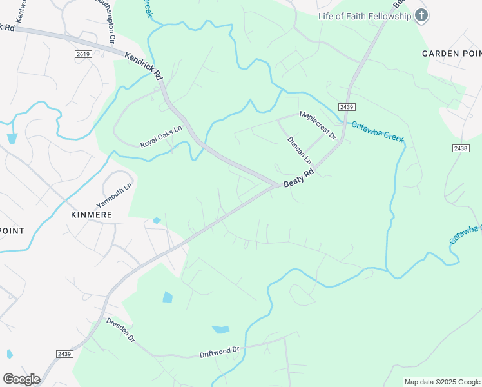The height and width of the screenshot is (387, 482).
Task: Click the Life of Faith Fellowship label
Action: pyautogui.click(x=364, y=16)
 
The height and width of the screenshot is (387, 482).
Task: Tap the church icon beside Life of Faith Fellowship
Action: pyautogui.click(x=421, y=15)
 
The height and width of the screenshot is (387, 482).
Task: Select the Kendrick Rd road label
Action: pyautogui.click(x=143, y=66)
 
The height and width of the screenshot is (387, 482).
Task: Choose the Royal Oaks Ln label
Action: pyautogui.click(x=162, y=136)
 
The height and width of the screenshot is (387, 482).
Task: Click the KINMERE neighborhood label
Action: pyautogui.click(x=93, y=214)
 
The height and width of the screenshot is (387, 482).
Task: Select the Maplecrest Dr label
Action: pyautogui.click(x=318, y=125)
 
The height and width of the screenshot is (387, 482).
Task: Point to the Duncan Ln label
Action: pyautogui.click(x=300, y=150)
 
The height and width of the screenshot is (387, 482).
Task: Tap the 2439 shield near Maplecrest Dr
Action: pyautogui.click(x=346, y=107)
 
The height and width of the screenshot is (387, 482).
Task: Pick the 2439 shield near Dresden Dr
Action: pyautogui.click(x=64, y=353)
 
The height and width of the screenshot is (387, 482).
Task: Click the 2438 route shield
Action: pyautogui.click(x=460, y=148)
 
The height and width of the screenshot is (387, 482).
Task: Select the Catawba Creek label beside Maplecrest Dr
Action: pyautogui.click(x=376, y=130)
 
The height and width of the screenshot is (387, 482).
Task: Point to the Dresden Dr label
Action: pyautogui.click(x=120, y=330)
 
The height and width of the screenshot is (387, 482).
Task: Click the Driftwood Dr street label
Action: pyautogui.click(x=219, y=352)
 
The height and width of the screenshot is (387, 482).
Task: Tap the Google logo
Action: pyautogui.click(x=21, y=379)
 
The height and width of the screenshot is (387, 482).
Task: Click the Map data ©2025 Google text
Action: pyautogui.click(x=442, y=382)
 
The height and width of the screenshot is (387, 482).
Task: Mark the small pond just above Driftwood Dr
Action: pyautogui.click(x=220, y=330)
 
